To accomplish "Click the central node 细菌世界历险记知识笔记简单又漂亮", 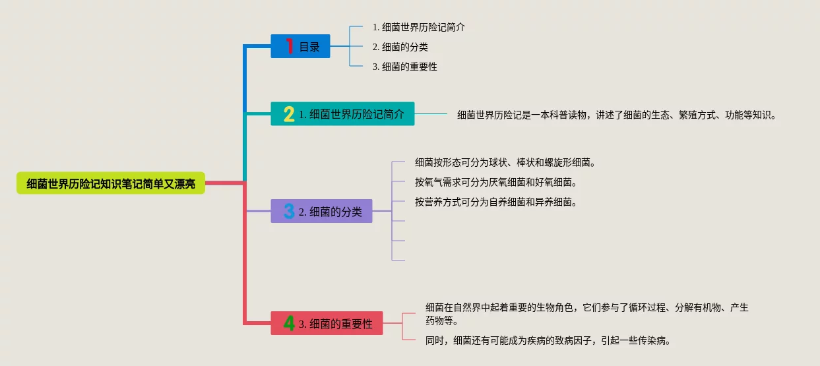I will tap(111, 183).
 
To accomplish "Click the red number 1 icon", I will tap(289, 46).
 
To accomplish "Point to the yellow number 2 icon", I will tap(289, 114).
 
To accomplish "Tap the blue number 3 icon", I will tap(289, 212).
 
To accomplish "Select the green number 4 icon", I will tap(289, 324).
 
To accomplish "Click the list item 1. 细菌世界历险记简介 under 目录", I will tap(419, 27).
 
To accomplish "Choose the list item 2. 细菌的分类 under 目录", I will tap(400, 47).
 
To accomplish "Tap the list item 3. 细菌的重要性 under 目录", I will tap(404, 67).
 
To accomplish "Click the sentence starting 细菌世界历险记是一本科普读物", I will tap(617, 115).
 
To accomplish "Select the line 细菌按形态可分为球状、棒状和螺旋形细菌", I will tap(505, 162).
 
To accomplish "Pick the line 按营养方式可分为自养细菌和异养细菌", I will tap(496, 202).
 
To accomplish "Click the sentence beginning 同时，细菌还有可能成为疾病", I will tap(548, 341).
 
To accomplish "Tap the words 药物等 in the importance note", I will tap(440, 321).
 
